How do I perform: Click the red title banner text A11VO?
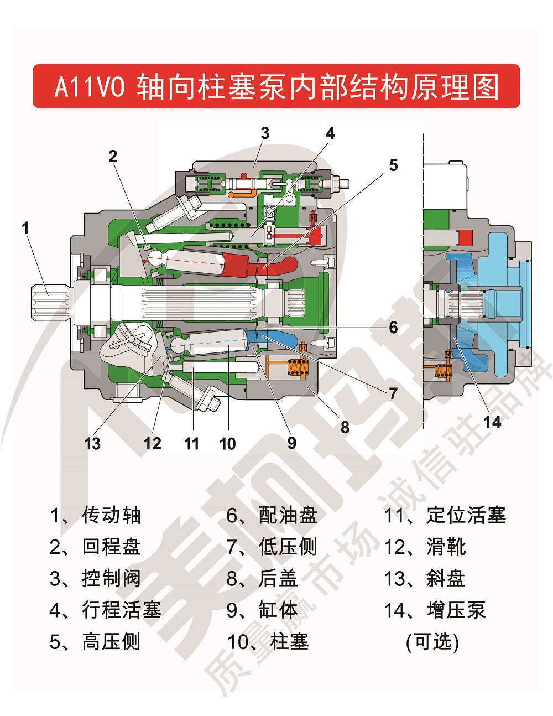tap(90, 87)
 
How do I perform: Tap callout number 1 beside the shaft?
tap(25, 227)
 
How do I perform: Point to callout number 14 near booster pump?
tap(492, 422)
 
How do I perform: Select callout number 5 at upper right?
tap(393, 165)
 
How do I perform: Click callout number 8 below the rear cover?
tap(345, 427)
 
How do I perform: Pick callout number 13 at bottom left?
tap(92, 443)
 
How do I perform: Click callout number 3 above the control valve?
tap(265, 133)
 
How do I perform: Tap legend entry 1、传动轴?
tap(96, 515)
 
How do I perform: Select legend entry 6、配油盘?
tap(272, 515)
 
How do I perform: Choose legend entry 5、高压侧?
tap(96, 642)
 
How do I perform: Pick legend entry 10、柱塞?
tap(268, 642)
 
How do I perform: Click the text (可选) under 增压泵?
tap(432, 642)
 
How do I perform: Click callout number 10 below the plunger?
tap(227, 443)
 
